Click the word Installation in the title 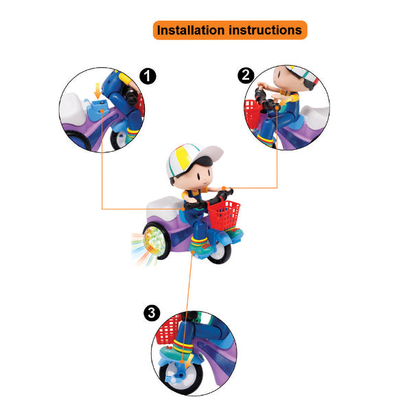(x=192, y=30)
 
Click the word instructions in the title (x=265, y=30)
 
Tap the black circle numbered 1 (x=148, y=76)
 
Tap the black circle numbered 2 (x=246, y=76)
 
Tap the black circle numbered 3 (x=152, y=313)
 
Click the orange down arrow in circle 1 (x=97, y=91)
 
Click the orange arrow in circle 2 (x=286, y=101)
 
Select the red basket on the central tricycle (x=224, y=214)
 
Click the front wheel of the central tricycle (x=220, y=252)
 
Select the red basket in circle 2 (x=253, y=113)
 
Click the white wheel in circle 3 (x=181, y=377)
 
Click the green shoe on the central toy (x=200, y=247)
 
